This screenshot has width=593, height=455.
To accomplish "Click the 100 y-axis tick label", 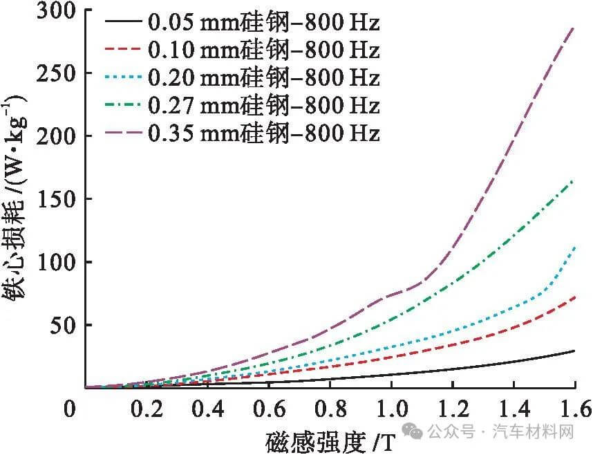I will coord(56,263).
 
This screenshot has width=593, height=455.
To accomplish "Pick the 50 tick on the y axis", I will coord(62,326).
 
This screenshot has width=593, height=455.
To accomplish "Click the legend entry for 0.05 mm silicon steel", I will coord(263,24).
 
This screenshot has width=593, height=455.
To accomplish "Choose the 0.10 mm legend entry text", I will coord(263,50).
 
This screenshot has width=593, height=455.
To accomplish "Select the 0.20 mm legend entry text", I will coord(263,77).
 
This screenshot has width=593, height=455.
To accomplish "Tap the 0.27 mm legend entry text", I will coord(263,105).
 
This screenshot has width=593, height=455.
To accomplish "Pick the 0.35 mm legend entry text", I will coord(263,132).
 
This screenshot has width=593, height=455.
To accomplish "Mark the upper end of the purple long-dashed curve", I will coord(574,28).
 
